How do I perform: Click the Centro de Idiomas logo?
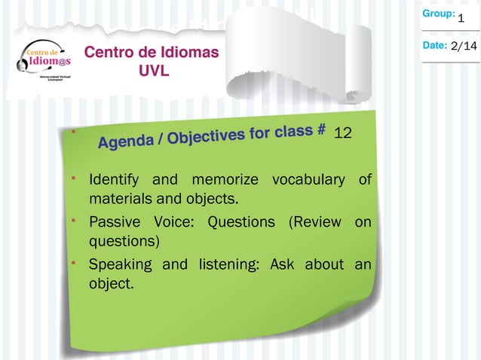pos(42,65)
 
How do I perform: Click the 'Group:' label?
pos(438,14)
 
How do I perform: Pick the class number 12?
pos(343,133)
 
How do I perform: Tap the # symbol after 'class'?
pos(321,129)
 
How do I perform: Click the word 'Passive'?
pos(115,222)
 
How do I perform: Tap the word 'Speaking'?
pos(121,264)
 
